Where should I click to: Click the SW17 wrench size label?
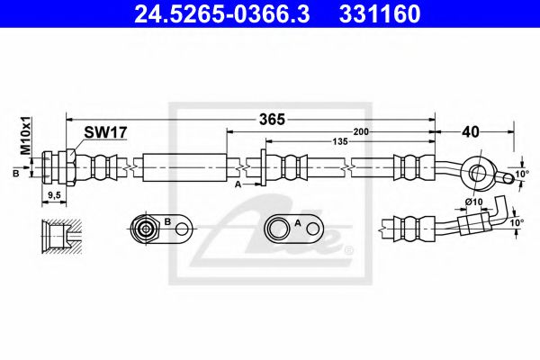pos(105,131)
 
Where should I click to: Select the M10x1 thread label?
pos(26,136)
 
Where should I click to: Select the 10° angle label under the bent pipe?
pos(516,221)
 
